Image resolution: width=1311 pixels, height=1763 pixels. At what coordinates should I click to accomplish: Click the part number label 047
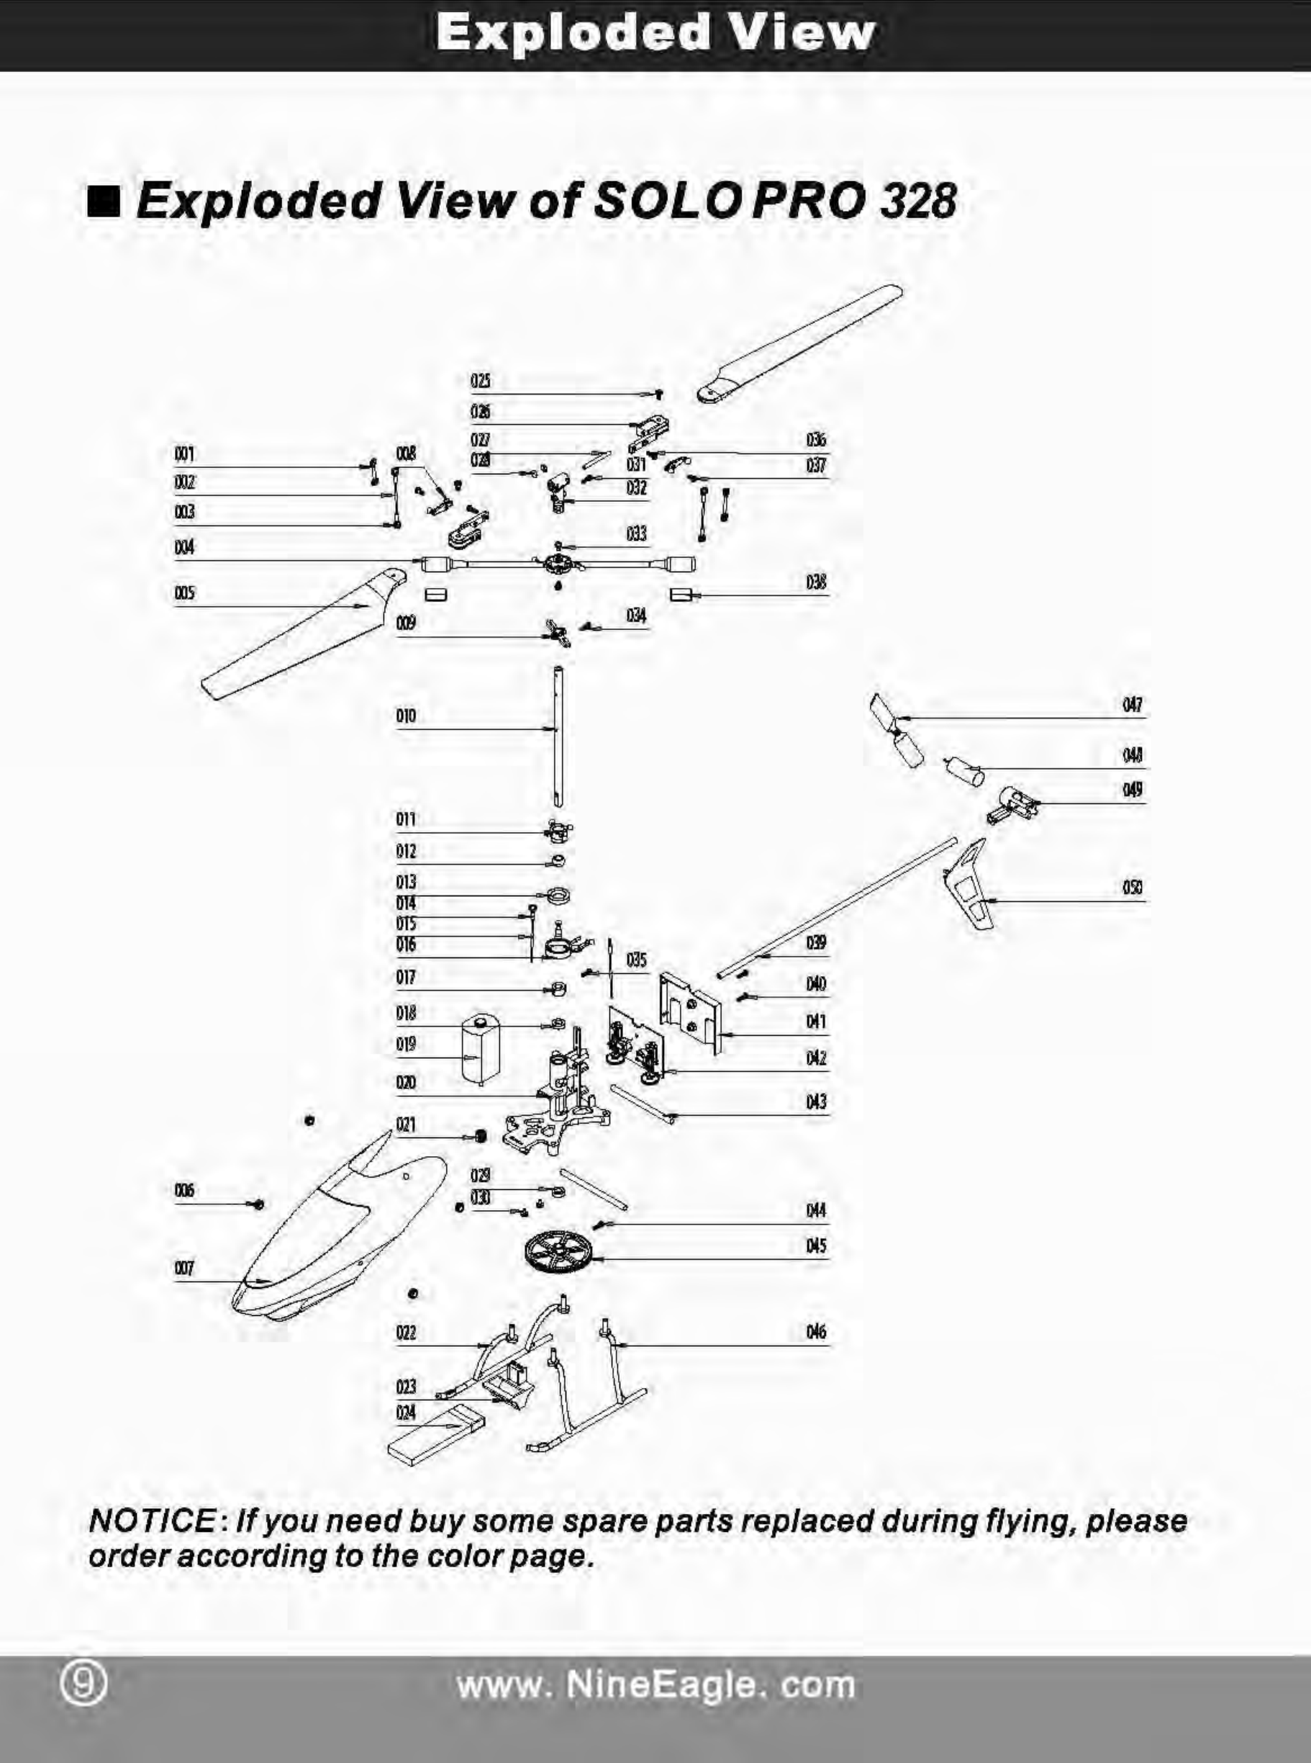(x=1133, y=704)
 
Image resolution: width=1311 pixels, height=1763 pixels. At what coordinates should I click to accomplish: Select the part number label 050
(x=1133, y=887)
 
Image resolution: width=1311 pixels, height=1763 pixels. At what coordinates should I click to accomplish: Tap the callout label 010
(x=406, y=716)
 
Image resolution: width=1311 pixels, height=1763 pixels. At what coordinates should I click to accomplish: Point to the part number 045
(x=816, y=1245)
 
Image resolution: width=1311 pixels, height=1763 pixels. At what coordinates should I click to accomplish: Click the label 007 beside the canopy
(x=184, y=1268)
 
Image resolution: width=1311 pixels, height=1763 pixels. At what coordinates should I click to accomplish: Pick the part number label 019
(x=406, y=1044)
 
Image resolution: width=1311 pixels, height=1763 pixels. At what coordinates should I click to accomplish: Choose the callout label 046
(x=816, y=1331)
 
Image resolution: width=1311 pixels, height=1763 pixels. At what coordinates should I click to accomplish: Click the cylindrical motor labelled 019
(x=479, y=1048)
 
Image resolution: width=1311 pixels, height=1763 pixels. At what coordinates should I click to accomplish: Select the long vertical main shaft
(x=560, y=734)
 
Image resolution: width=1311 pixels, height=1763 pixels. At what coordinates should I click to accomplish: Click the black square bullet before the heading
(x=104, y=202)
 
